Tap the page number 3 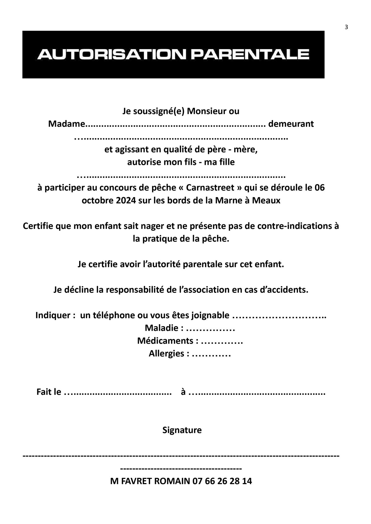pyautogui.click(x=346, y=27)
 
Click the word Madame pyautogui.click(x=67, y=124)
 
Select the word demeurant pyautogui.click(x=291, y=124)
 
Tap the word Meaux pyautogui.click(x=266, y=201)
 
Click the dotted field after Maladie pyautogui.click(x=210, y=328)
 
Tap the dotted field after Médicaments pyautogui.click(x=222, y=341)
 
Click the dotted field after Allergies pyautogui.click(x=211, y=354)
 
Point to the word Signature pyautogui.click(x=182, y=430)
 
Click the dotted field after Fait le pyautogui.click(x=118, y=392)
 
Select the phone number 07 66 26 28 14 pyautogui.click(x=222, y=481)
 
